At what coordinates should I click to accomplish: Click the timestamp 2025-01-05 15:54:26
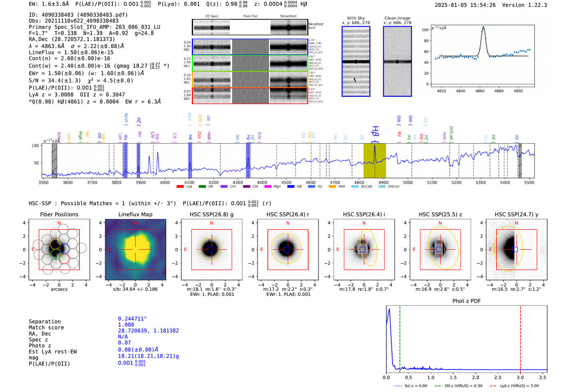(465, 5)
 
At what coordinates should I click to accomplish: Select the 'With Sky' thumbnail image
(356, 62)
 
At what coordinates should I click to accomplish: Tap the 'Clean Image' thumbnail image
(397, 62)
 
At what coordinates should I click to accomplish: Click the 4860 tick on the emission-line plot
(480, 90)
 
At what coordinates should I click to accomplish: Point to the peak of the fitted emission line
(483, 28)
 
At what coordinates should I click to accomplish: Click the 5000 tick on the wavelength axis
(408, 182)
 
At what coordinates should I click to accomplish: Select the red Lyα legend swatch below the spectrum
(180, 187)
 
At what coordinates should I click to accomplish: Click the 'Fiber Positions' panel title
(59, 214)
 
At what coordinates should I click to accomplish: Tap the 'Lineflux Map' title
(135, 214)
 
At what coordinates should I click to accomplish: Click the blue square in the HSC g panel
(210, 250)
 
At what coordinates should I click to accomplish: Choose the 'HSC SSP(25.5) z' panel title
(440, 214)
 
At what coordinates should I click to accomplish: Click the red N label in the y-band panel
(516, 223)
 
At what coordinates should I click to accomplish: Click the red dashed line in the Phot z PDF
(520, 337)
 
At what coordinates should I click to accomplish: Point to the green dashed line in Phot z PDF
(399, 337)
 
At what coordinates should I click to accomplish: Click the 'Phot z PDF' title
(466, 301)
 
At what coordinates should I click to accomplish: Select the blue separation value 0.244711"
(132, 319)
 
